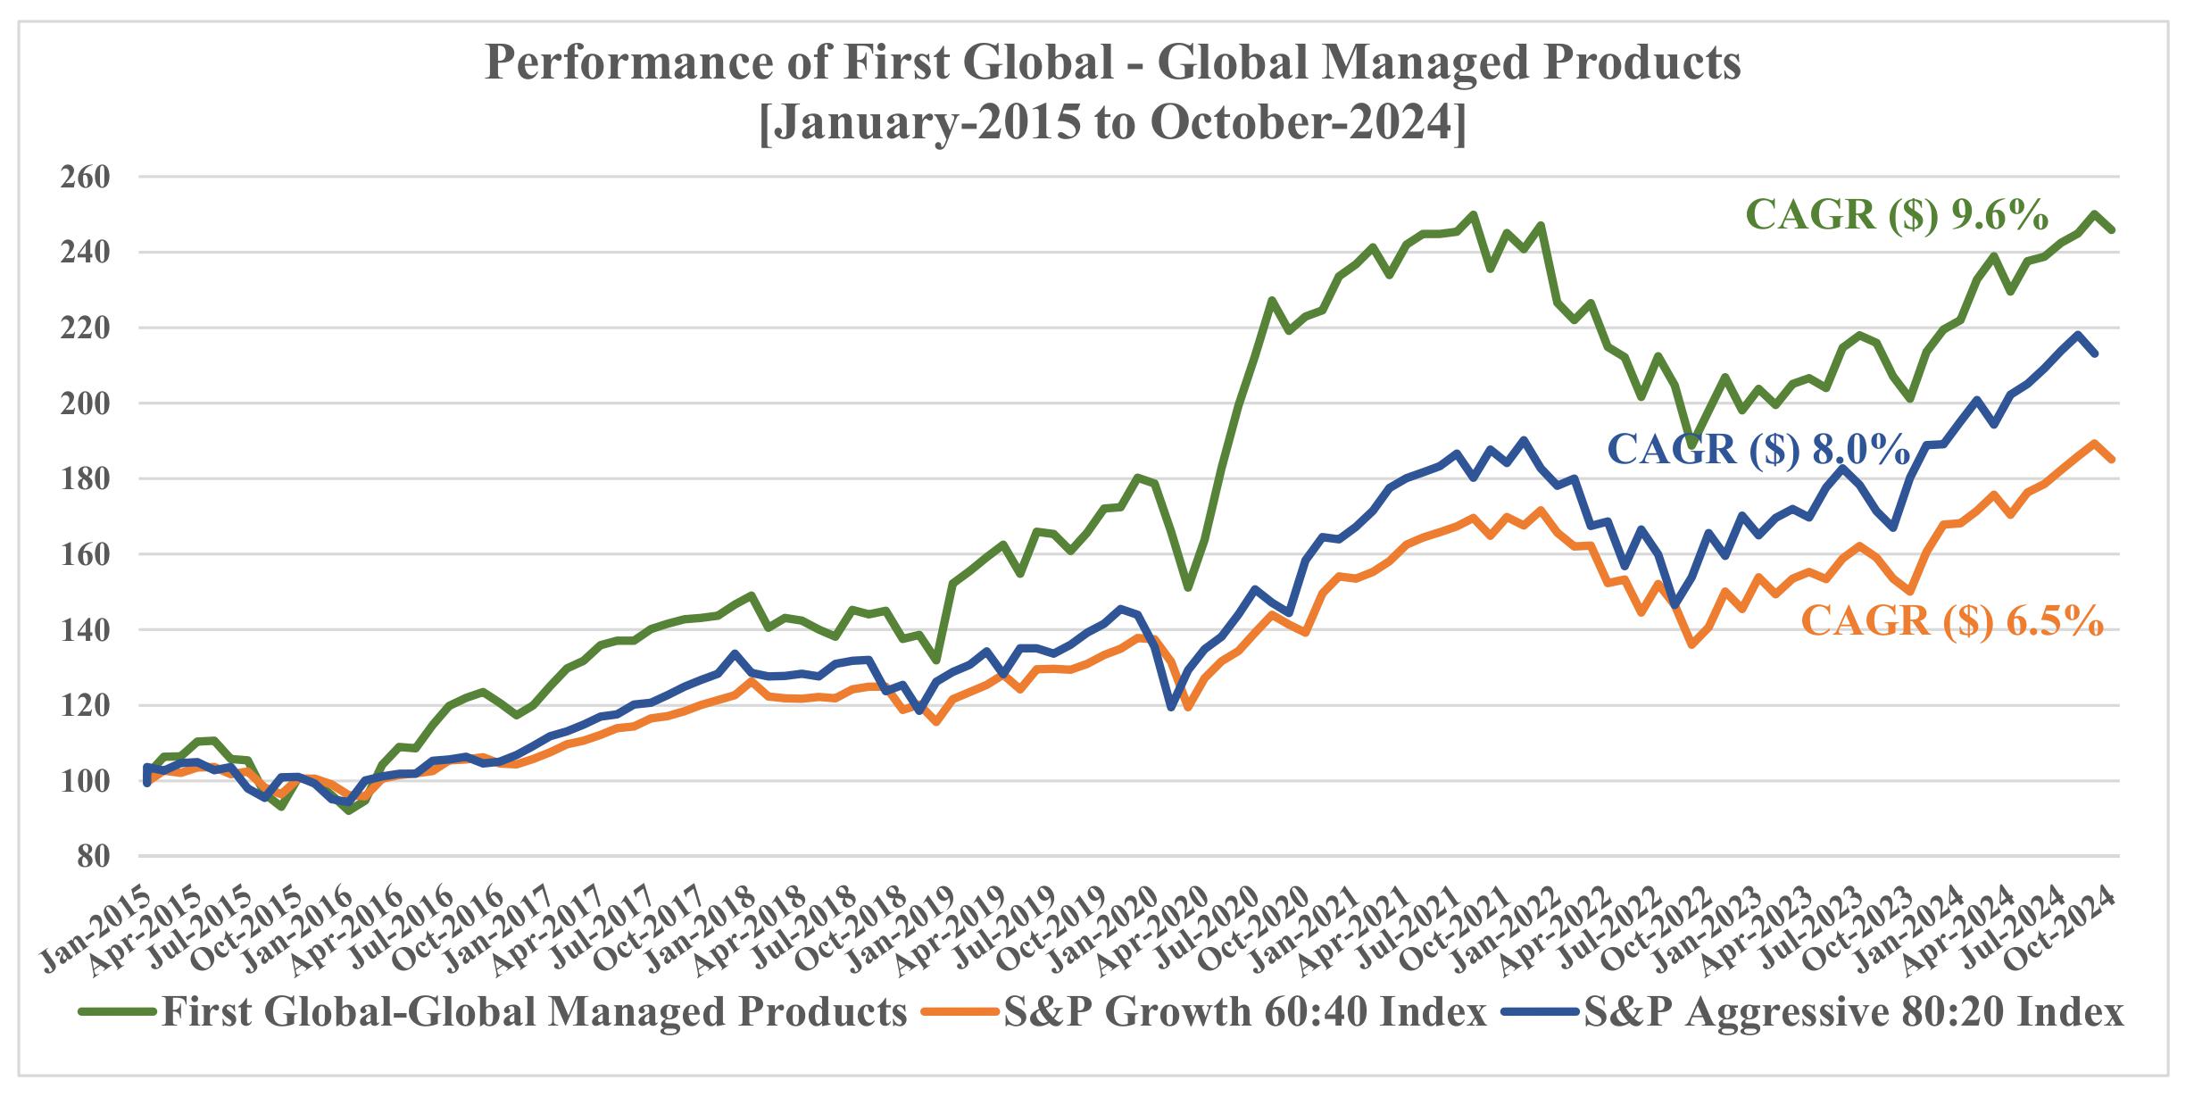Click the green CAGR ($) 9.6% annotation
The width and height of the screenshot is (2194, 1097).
tap(1897, 216)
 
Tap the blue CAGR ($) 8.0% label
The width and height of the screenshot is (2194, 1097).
tap(1758, 449)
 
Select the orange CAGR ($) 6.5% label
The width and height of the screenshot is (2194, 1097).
tap(1953, 620)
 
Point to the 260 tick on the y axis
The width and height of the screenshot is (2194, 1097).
tap(86, 177)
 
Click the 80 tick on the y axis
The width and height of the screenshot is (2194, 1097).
tap(93, 857)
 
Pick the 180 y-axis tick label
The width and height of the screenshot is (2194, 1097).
tap(86, 479)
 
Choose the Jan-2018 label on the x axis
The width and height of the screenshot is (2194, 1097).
tap(702, 928)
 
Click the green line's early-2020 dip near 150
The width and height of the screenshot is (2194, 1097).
tap(1188, 587)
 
